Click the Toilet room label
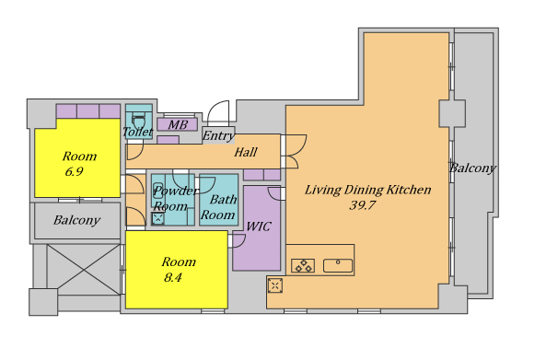(x=137, y=132)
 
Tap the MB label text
(x=178, y=125)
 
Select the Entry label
(x=218, y=136)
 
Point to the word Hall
(x=246, y=152)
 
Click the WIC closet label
(x=259, y=226)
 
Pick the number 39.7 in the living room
(x=363, y=205)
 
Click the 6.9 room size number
(x=74, y=171)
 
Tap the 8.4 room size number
(x=172, y=277)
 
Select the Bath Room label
(x=218, y=207)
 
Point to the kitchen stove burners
(x=303, y=265)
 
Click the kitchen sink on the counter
(x=338, y=265)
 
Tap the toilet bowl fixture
(x=138, y=122)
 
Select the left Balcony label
(x=76, y=220)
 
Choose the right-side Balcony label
(x=472, y=168)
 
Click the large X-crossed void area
(x=84, y=270)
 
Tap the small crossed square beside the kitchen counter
(x=275, y=285)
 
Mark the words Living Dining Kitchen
(x=367, y=190)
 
